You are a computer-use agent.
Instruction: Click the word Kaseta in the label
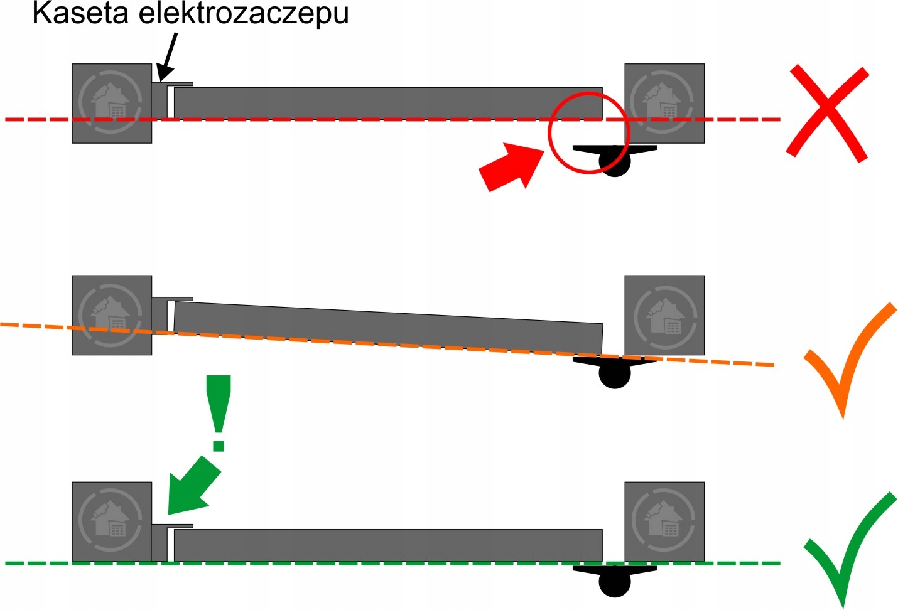[x=80, y=13]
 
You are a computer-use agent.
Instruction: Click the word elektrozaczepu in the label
[x=244, y=13]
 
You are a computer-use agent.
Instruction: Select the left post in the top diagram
[x=112, y=104]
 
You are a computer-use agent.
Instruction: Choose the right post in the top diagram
[x=664, y=104]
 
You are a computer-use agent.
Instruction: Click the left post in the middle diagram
[x=112, y=315]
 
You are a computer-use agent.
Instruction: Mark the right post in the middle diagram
[x=664, y=315]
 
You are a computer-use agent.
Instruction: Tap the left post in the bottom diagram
[x=112, y=522]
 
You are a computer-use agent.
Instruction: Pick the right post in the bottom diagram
[x=664, y=522]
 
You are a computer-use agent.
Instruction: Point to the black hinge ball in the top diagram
[x=614, y=162]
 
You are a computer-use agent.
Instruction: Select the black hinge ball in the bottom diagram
[x=614, y=583]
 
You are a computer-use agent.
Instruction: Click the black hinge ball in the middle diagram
[x=614, y=375]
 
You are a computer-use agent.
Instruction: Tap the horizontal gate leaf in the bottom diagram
[x=388, y=545]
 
